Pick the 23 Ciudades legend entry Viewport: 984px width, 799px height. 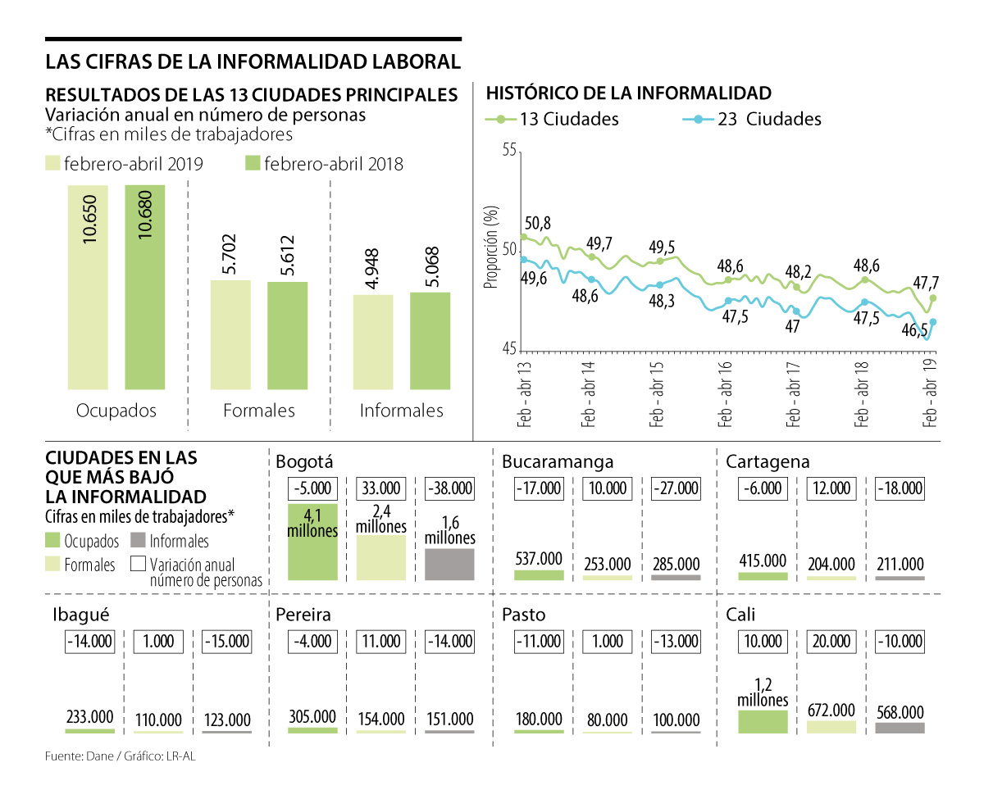pyautogui.click(x=752, y=120)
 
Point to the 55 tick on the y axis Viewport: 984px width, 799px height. pyautogui.click(x=509, y=151)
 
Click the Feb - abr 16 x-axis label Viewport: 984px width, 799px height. pyautogui.click(x=725, y=393)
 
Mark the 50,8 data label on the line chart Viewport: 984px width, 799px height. pyautogui.click(x=537, y=223)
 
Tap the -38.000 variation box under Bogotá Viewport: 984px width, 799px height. pyautogui.click(x=449, y=488)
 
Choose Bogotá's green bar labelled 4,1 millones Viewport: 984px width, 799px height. pyautogui.click(x=312, y=542)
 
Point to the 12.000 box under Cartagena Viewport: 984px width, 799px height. pyautogui.click(x=831, y=488)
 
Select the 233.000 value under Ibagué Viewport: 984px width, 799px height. pyautogui.click(x=89, y=719)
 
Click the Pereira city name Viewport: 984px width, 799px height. pyautogui.click(x=303, y=615)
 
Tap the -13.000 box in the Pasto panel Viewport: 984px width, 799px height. pyautogui.click(x=675, y=642)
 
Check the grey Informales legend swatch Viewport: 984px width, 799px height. pyautogui.click(x=137, y=541)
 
